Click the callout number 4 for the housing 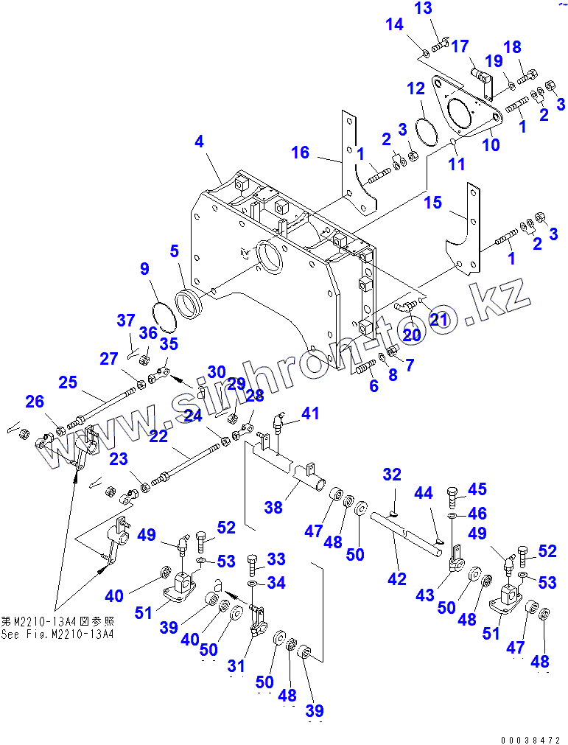coord(200,141)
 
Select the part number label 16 coord(300,153)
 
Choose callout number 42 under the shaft coord(397,579)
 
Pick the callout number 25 coord(68,382)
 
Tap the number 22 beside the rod coord(158,436)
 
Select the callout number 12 coord(416,89)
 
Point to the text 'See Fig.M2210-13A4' coord(57,634)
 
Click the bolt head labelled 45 coord(454,492)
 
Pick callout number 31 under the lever coord(236,666)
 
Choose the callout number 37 coord(126,320)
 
